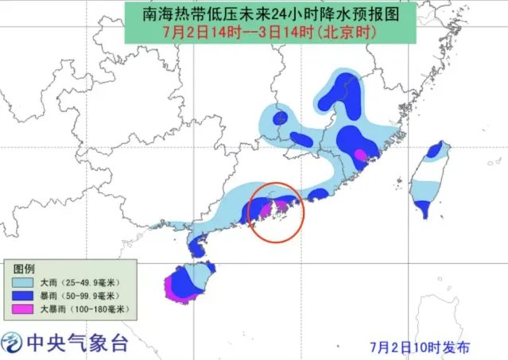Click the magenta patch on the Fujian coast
pos(361,153)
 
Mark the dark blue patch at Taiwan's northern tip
pos(435,149)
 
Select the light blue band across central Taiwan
pos(426,189)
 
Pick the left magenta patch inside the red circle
pos(260,210)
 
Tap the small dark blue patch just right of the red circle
pos(318,193)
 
